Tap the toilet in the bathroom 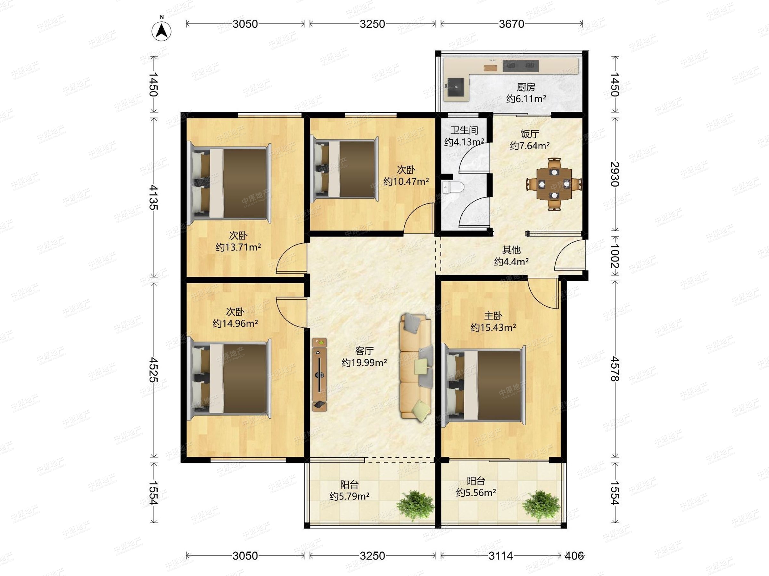(x=453, y=188)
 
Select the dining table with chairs (x=554, y=184)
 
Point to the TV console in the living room (x=319, y=375)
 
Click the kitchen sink (x=455, y=87)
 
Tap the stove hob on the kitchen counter (x=520, y=66)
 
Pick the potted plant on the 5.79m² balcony (x=416, y=506)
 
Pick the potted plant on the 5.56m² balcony (x=541, y=506)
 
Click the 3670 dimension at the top (x=511, y=24)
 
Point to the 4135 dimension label (x=153, y=197)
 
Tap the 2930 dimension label (x=615, y=174)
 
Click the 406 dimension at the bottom (x=574, y=556)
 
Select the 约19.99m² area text (x=364, y=363)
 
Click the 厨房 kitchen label (x=526, y=87)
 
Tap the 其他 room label (x=511, y=250)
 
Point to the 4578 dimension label (x=615, y=369)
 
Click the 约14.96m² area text (x=236, y=324)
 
